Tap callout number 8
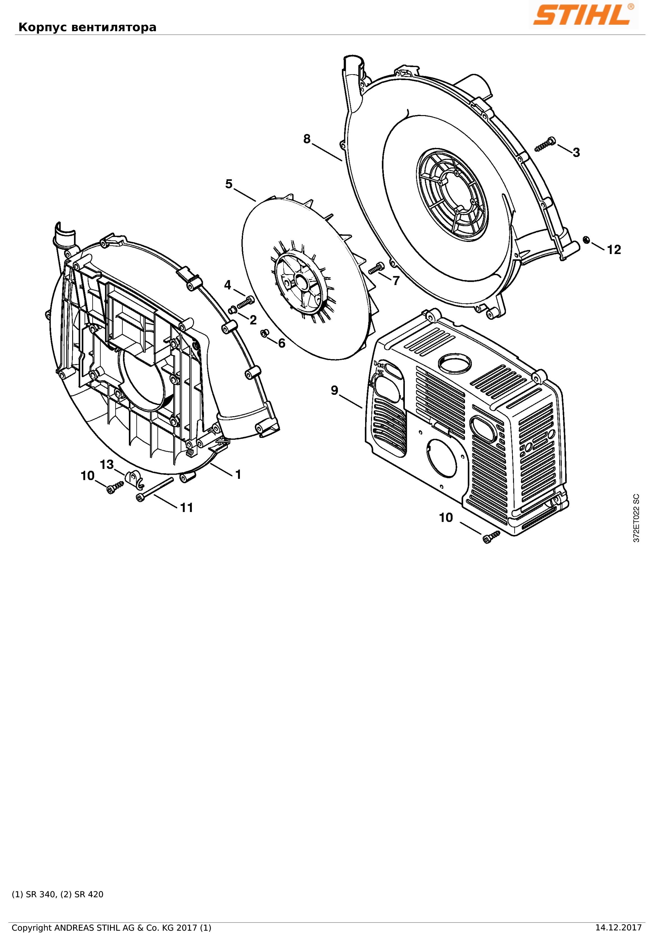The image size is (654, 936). pyautogui.click(x=307, y=139)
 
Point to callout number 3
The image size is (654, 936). pyautogui.click(x=576, y=153)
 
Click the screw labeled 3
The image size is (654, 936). pyautogui.click(x=545, y=144)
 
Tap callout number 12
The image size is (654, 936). pyautogui.click(x=614, y=250)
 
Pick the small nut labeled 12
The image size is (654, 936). pyautogui.click(x=586, y=239)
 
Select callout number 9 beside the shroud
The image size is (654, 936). pyautogui.click(x=335, y=391)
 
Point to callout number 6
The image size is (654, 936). pyautogui.click(x=281, y=343)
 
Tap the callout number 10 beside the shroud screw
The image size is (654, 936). pyautogui.click(x=446, y=518)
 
